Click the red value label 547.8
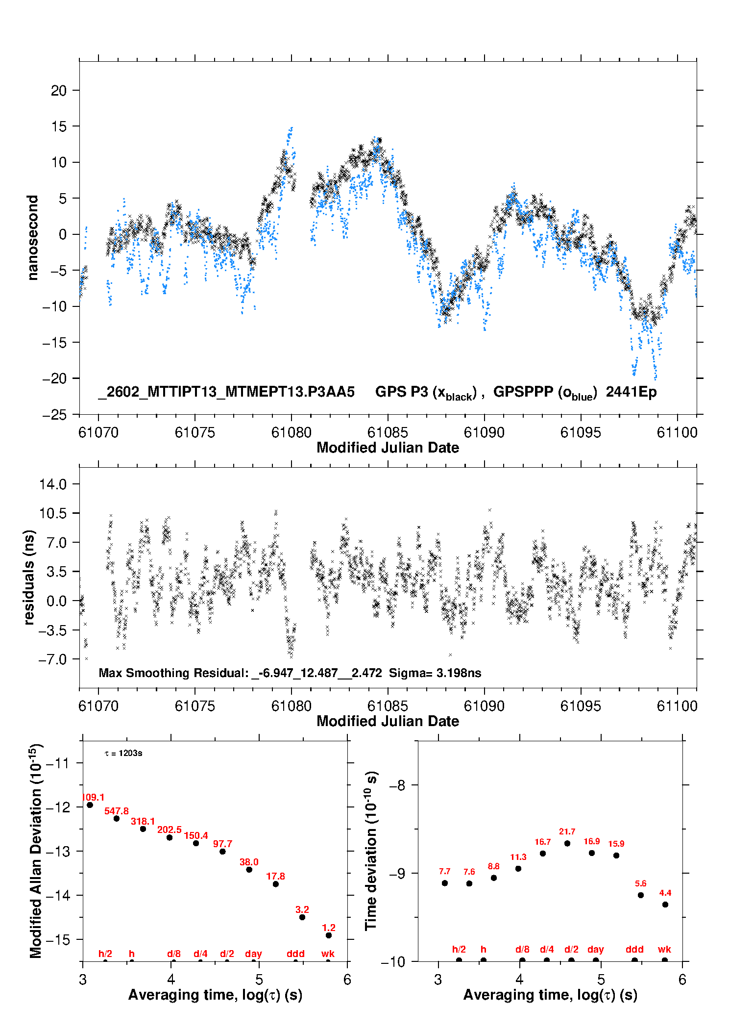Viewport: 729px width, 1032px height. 116,811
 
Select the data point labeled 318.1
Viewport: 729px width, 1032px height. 143,829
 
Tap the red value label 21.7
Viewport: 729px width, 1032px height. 567,831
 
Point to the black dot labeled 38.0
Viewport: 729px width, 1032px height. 249,870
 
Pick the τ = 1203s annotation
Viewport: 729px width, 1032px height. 123,754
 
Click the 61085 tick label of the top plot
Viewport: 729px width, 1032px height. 388,432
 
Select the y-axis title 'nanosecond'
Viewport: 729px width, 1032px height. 33,238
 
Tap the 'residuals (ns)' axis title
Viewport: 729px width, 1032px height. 29,577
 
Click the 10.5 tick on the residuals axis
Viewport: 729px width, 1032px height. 53,513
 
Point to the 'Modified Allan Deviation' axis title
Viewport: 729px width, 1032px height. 35,851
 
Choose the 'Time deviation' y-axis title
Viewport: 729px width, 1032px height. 371,851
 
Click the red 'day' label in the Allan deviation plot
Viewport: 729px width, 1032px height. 253,954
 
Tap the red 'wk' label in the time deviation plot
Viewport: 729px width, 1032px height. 664,950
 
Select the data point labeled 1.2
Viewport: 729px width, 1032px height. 329,935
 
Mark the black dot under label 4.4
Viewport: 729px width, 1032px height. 665,905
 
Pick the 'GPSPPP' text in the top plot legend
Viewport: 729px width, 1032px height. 523,392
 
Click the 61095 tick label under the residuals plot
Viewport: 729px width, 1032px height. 581,706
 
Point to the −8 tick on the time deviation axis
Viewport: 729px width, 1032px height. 397,785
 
